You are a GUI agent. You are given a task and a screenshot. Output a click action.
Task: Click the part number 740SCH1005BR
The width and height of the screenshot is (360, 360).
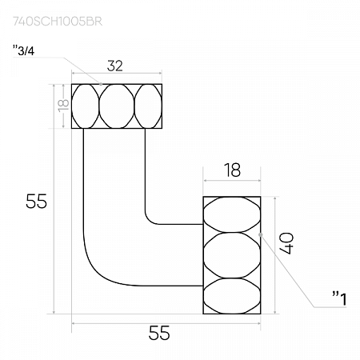pos(58,22)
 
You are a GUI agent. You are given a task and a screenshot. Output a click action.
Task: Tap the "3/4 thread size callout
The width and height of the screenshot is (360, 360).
pos(23,50)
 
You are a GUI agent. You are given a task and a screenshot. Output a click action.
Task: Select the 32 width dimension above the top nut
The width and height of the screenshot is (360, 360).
pos(115,66)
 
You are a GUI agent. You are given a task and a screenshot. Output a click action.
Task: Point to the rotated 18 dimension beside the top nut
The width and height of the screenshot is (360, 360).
pos(63,106)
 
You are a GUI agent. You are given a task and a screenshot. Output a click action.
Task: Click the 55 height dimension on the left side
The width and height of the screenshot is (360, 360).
pos(36,201)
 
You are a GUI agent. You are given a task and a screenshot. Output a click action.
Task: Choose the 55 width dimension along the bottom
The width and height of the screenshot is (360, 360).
pos(159,333)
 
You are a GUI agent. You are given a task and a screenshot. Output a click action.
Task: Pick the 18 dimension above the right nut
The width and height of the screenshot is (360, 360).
pos(232,170)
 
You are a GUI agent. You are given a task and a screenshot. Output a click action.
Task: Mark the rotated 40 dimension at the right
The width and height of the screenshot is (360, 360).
pos(286,243)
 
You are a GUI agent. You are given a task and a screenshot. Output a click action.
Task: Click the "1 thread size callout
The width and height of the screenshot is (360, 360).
pos(339,298)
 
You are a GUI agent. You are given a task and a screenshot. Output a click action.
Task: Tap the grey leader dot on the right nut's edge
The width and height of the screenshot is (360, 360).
pos(261,234)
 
